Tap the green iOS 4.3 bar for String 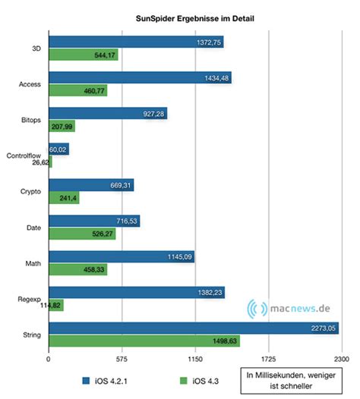point(144,341)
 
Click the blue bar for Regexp point(137,292)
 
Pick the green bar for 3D point(83,55)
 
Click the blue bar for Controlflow point(58,149)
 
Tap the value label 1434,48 point(215,77)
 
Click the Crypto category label point(31,192)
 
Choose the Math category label point(33,264)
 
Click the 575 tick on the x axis point(122,360)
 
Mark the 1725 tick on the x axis point(268,360)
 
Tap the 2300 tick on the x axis point(341,360)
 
